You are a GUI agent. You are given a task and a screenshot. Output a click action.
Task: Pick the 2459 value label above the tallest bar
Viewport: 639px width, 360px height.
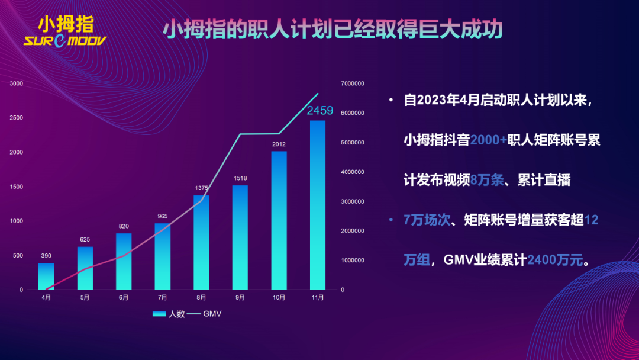pos(319,111)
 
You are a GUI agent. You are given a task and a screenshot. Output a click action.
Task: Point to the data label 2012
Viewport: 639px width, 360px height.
pos(279,144)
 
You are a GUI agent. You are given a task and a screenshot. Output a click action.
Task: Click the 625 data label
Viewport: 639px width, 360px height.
pos(85,240)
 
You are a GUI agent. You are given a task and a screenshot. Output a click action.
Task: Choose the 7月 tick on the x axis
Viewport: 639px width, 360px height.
pos(162,298)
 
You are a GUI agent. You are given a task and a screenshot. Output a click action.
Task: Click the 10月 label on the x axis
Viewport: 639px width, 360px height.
pos(279,298)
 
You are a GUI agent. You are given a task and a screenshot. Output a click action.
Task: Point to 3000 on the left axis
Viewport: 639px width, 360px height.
pos(17,83)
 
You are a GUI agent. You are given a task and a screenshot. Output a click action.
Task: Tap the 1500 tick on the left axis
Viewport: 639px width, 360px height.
pos(17,187)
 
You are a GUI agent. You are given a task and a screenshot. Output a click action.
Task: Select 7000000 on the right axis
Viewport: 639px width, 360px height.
pos(353,83)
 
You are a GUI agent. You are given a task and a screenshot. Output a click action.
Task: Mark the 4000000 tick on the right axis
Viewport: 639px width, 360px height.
pos(353,172)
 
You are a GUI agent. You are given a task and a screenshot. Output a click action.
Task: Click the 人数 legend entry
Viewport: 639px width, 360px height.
pos(169,314)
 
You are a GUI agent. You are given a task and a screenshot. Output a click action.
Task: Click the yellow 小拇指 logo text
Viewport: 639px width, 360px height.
pos(65,24)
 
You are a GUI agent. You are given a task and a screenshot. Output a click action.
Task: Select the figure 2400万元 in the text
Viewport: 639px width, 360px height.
pos(554,260)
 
